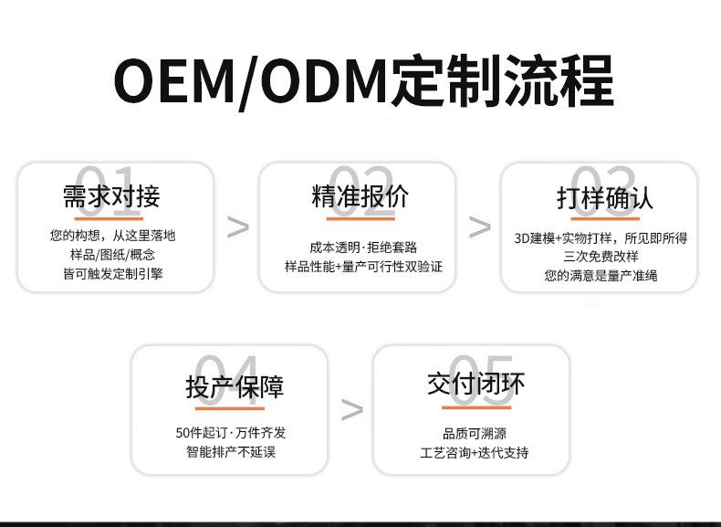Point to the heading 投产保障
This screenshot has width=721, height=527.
click(x=235, y=386)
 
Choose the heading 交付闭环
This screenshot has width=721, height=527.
click(x=475, y=384)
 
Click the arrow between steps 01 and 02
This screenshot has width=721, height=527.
click(x=237, y=227)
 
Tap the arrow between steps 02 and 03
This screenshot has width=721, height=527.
click(x=479, y=227)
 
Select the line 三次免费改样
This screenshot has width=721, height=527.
click(x=601, y=257)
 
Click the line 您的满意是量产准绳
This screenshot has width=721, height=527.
click(x=601, y=275)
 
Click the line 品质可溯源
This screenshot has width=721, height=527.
click(x=474, y=434)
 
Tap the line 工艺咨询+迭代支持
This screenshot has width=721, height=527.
click(x=474, y=452)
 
